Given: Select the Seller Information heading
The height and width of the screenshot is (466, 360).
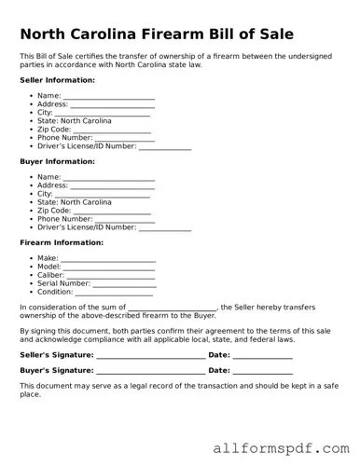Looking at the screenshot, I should click(55, 80).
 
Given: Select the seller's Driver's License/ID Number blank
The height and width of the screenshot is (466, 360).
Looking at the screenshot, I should click(164, 147).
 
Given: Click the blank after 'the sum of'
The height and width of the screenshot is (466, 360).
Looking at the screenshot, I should click(172, 308).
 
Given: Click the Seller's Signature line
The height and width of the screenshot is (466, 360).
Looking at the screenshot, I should click(151, 356).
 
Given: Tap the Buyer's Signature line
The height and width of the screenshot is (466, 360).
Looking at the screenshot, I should click(150, 372).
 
